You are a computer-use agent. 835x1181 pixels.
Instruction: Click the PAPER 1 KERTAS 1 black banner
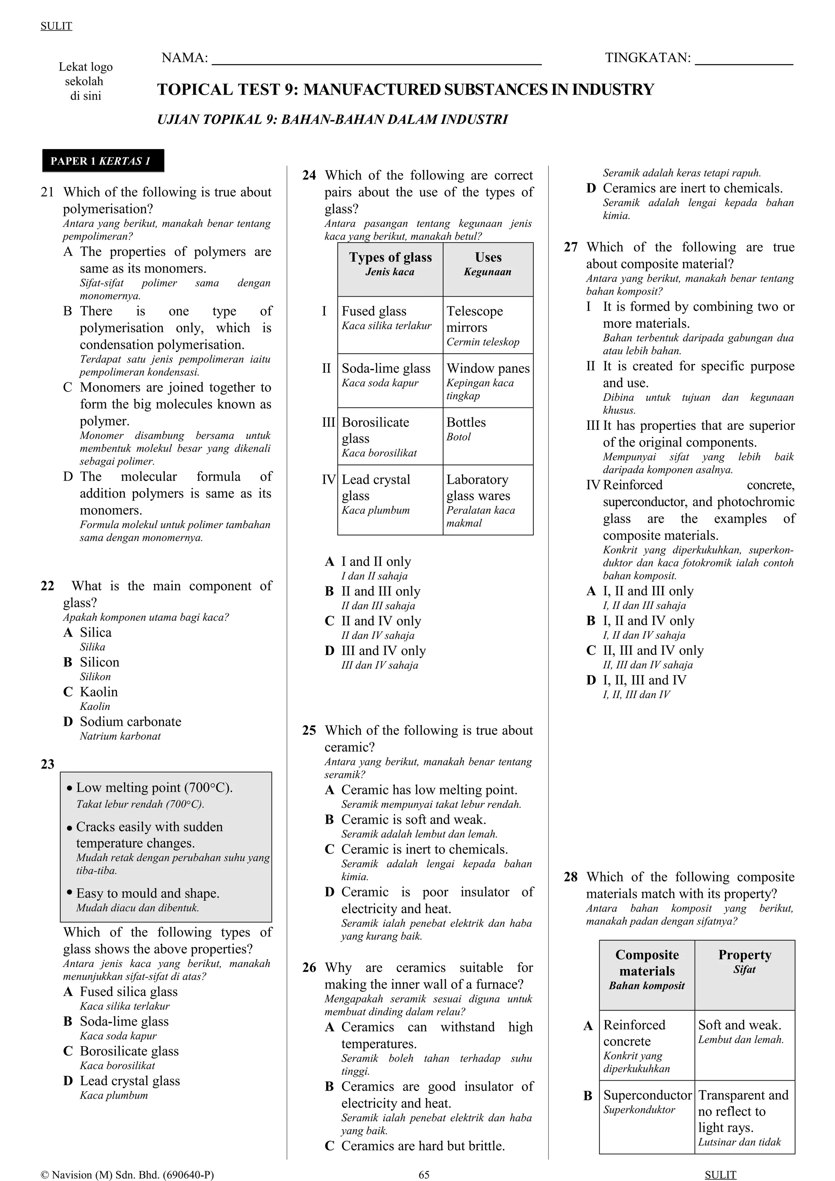tap(103, 161)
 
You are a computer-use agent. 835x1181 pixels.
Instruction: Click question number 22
tap(47, 586)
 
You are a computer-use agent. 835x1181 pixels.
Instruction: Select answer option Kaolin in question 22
tap(99, 692)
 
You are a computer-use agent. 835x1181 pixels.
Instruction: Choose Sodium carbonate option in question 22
tap(130, 722)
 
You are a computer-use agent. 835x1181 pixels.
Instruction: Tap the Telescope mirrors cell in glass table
tap(487, 325)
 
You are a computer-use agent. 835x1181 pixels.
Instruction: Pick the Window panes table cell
tap(487, 381)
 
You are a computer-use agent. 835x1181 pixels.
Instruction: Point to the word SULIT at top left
tap(56, 26)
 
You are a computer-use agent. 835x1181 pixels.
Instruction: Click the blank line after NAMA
tap(377, 63)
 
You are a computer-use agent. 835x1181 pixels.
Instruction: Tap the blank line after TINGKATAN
tap(744, 63)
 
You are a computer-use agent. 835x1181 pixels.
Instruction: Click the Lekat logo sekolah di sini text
tap(85, 81)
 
